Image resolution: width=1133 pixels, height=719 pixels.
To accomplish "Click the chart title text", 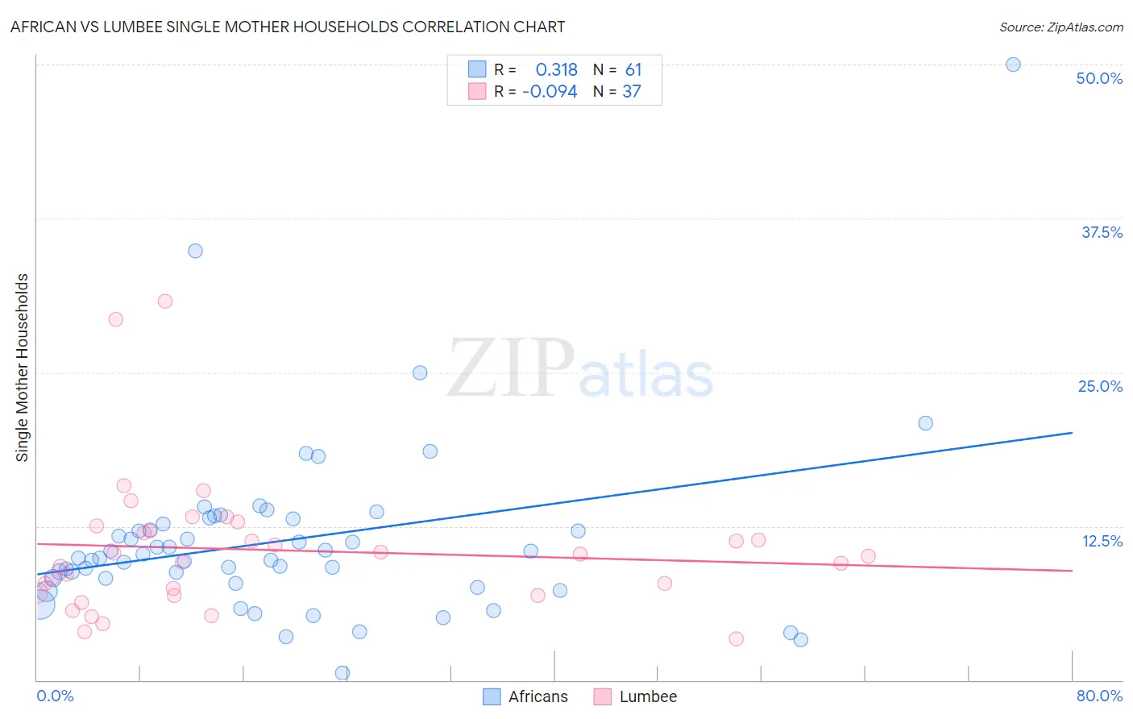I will (x=288, y=27).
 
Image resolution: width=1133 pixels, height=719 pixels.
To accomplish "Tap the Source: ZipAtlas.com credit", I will (x=1060, y=27).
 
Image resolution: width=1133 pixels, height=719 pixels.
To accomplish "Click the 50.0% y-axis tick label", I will (x=1099, y=78).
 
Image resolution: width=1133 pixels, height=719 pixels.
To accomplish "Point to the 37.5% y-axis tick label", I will (x=1102, y=232).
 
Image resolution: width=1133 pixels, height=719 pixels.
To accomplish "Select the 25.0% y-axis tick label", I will (x=1100, y=386).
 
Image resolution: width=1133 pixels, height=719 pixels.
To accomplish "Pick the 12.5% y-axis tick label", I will (x=1102, y=541).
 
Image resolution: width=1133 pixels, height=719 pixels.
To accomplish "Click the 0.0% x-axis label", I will (x=55, y=696).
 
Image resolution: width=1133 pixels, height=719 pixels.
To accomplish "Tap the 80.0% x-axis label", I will (x=1099, y=696).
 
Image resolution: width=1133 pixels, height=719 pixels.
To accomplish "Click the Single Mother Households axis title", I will (x=22, y=368).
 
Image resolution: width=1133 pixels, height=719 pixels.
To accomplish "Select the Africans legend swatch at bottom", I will (x=492, y=696).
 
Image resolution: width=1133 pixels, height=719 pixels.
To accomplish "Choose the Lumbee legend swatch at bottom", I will (x=602, y=696).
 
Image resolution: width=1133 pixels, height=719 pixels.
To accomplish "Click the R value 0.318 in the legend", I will (x=556, y=70).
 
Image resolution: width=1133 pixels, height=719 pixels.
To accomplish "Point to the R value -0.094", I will (x=550, y=92).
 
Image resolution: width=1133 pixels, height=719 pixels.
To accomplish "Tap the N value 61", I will (x=633, y=70).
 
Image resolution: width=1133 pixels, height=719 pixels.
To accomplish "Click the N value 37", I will (x=632, y=92).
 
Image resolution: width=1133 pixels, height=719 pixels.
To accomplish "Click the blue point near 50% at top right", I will (x=1013, y=64).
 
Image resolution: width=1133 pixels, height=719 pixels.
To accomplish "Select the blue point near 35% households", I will (x=195, y=251).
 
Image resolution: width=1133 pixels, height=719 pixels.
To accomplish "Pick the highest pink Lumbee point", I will (x=165, y=301).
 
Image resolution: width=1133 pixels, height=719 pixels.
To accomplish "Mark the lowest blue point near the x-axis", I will (x=342, y=673).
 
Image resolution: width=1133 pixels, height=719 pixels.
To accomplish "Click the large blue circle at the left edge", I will (x=40, y=605).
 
